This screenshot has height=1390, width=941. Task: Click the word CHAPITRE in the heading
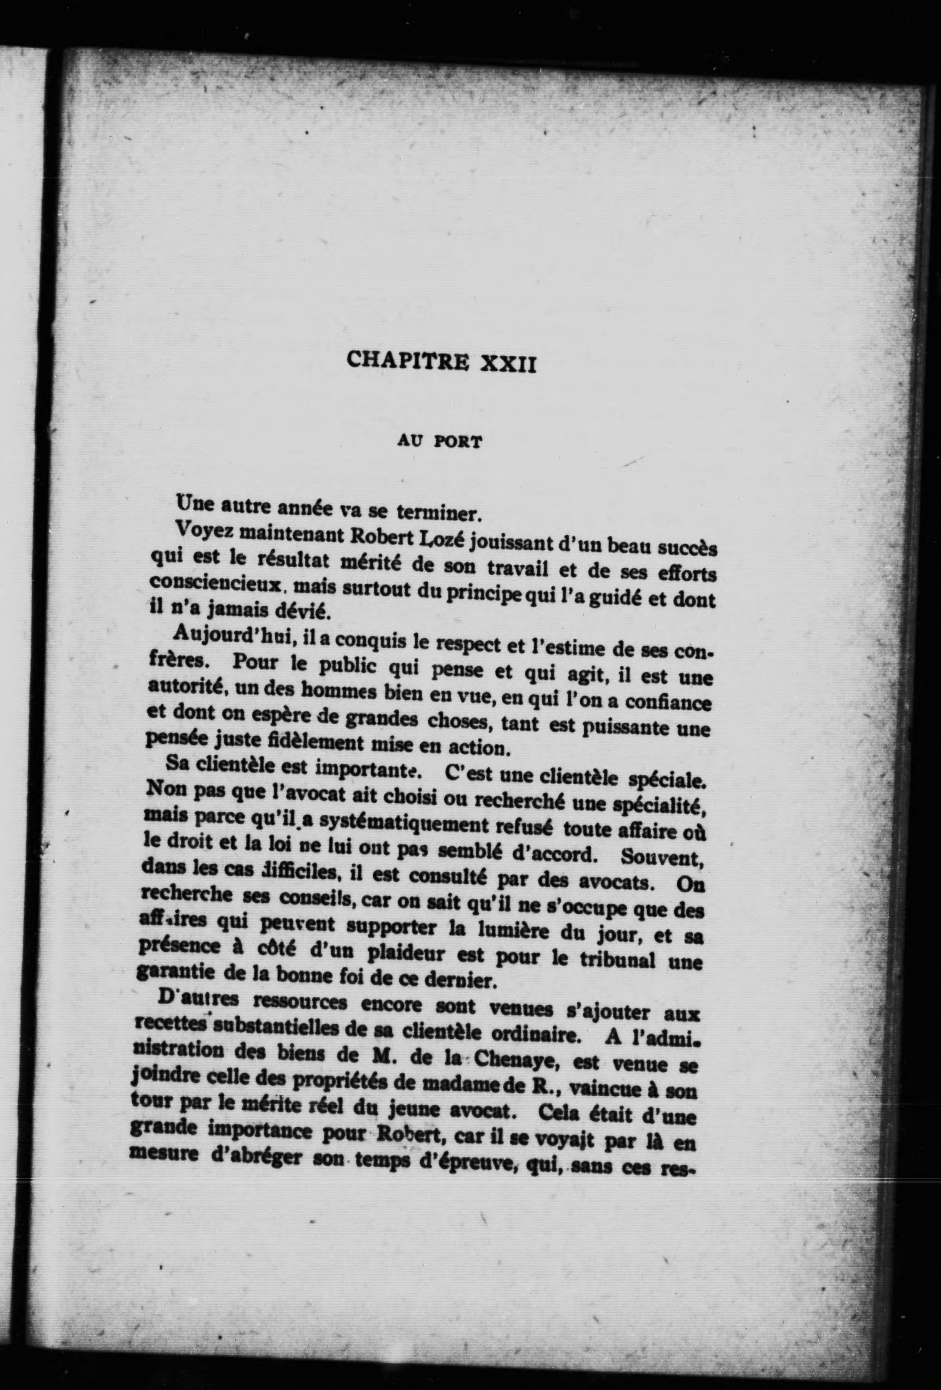[407, 361]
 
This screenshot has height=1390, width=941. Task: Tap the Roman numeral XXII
[508, 363]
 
